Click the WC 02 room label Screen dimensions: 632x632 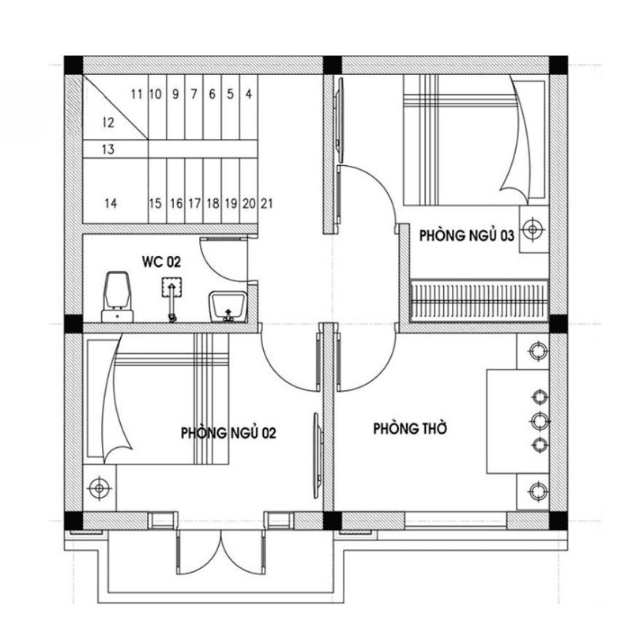(161, 261)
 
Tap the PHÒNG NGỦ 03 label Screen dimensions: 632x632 (467, 235)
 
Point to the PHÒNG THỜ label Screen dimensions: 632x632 (410, 428)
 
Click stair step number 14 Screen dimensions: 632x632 (111, 203)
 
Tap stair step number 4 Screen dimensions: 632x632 (249, 94)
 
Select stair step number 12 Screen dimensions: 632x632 (108, 122)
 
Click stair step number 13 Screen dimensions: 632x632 (108, 149)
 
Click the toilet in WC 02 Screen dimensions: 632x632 (118, 294)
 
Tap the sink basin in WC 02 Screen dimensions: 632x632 (228, 306)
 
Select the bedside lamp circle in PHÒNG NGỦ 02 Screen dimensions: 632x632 (99, 489)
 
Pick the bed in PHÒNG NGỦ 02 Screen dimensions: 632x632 (158, 399)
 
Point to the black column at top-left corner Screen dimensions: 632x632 (73, 64)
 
